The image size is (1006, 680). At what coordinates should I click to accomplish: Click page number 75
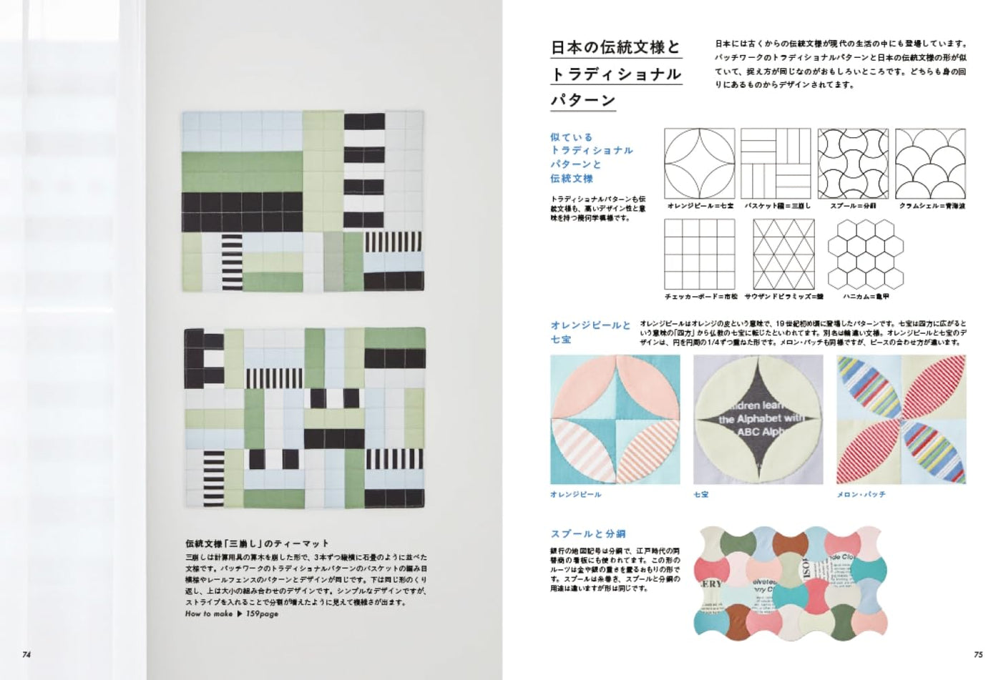coord(979,654)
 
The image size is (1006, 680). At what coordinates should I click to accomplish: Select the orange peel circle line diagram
coord(699,163)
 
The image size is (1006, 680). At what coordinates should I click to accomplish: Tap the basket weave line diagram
coord(776,163)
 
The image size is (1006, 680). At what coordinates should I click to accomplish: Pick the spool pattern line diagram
coord(853,163)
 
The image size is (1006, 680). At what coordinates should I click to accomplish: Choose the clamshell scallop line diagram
coord(930,163)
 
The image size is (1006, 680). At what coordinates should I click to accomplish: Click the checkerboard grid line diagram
coord(699,254)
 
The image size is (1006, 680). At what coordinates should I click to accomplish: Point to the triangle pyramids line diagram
coord(783,254)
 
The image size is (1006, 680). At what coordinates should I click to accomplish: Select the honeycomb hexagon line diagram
coord(866,254)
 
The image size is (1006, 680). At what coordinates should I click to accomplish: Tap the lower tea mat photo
coord(304,418)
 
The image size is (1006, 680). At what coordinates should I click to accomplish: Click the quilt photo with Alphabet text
coord(758,419)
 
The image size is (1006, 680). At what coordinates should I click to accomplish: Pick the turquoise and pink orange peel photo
coord(615,419)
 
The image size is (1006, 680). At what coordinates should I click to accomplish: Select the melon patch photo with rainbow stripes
coord(901,419)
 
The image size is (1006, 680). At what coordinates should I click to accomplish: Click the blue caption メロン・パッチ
coord(861,494)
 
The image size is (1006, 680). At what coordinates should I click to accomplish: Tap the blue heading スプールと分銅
coord(587,533)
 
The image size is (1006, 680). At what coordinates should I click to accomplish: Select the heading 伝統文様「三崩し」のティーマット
coord(257,543)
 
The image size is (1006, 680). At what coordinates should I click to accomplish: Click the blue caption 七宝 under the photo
coord(700,494)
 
